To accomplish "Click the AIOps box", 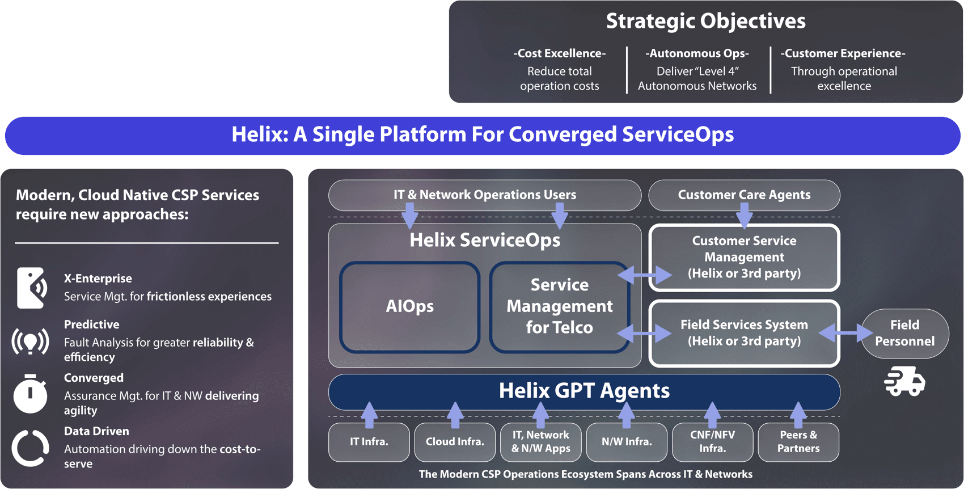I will (x=409, y=307).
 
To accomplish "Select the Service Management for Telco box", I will (x=559, y=307).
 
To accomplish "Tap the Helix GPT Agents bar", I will (x=584, y=391).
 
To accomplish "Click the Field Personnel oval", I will (x=904, y=334).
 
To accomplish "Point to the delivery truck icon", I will (x=904, y=381).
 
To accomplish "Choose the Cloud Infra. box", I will (x=455, y=442).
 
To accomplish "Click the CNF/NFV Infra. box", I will (x=712, y=442).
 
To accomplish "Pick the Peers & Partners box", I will (x=798, y=442).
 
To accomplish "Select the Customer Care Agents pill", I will (x=744, y=195).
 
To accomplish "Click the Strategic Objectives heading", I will (x=705, y=22).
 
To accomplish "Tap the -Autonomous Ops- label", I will (x=697, y=54).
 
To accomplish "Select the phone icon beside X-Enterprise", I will (x=31, y=288).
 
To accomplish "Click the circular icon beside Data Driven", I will (x=30, y=448).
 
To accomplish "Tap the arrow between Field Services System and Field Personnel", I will (x=846, y=333).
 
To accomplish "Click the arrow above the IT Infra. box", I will (x=369, y=415).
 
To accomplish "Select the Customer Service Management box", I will (x=744, y=258).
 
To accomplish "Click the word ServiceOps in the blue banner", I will (x=678, y=135).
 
